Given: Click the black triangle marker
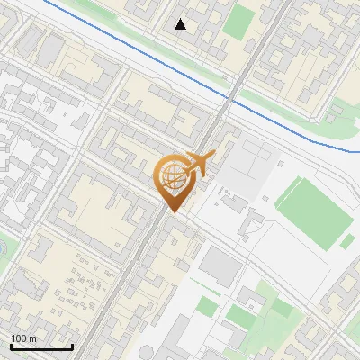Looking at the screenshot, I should (181, 24).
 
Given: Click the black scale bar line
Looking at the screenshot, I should (41, 346).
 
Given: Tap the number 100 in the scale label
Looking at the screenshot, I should (19, 338).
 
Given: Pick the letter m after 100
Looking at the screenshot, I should (32, 338).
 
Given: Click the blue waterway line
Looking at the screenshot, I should (135, 53).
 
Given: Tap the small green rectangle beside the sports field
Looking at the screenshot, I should (346, 241).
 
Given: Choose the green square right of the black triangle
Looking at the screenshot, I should (238, 22).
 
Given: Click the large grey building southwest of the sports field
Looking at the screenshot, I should (220, 267).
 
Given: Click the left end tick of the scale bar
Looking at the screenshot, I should (11, 346).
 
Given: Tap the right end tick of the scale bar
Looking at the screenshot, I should (72, 346).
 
